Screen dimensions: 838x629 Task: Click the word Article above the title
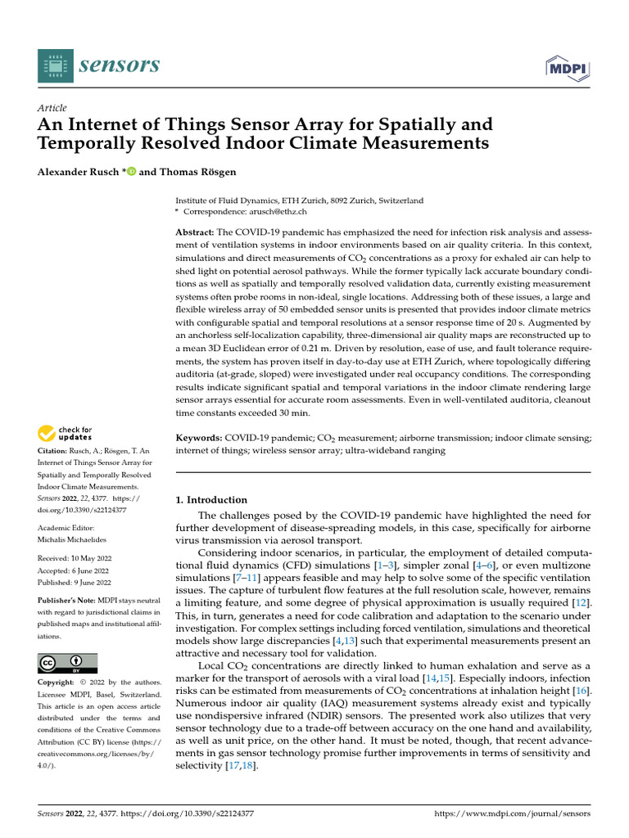[52, 108]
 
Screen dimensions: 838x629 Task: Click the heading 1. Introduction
[212, 500]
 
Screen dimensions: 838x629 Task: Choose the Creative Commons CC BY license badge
[67, 663]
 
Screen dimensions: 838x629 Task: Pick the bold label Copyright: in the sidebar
[59, 683]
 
